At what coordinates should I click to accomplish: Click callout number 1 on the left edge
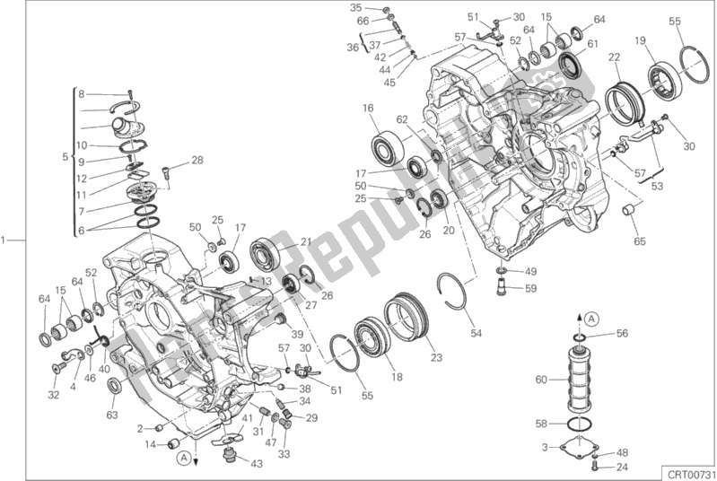click(x=6, y=240)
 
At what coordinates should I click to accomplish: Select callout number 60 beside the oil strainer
click(x=539, y=380)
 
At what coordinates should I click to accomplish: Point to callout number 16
click(x=368, y=109)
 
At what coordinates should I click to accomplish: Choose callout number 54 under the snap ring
click(x=476, y=334)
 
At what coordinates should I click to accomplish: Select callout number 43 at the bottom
click(x=257, y=463)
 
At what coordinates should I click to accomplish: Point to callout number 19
click(x=640, y=39)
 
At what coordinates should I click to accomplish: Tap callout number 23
click(x=437, y=357)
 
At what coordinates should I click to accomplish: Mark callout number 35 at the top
click(x=355, y=8)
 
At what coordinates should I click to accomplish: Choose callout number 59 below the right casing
click(x=531, y=288)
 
